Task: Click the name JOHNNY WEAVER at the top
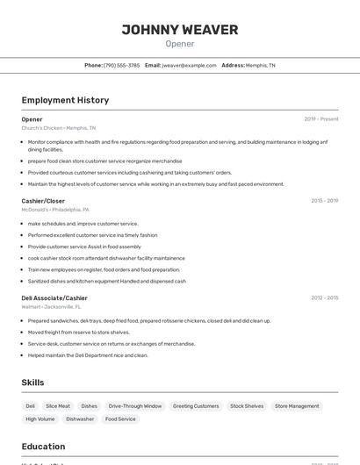[180, 30]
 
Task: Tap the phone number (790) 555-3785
[121, 65]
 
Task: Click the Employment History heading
[65, 100]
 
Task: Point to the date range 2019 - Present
[321, 119]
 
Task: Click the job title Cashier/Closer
[43, 201]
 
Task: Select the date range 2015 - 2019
[324, 201]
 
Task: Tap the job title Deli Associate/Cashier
[54, 298]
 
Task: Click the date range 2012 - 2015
[324, 298]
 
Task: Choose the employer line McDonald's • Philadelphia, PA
[55, 210]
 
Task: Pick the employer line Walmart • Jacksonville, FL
[51, 307]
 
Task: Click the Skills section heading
[32, 383]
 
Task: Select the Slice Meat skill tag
[58, 406]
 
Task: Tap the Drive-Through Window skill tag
[135, 406]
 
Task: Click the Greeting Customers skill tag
[196, 406]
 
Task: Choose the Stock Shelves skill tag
[247, 406]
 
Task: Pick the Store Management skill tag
[297, 406]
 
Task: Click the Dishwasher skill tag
[80, 419]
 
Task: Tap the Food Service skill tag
[120, 419]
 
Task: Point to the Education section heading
[43, 446]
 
